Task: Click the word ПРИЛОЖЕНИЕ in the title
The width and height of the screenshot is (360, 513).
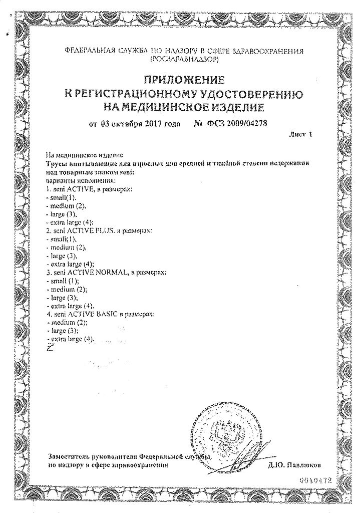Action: pos(184,79)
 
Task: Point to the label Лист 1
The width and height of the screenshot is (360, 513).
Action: pos(300,134)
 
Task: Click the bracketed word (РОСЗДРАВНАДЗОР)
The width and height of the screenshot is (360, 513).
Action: pos(184,59)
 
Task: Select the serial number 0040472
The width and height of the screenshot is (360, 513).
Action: pos(315,479)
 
